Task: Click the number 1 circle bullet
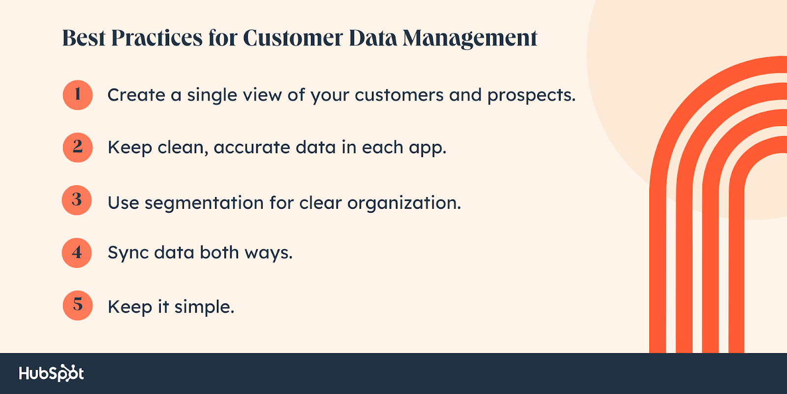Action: [x=78, y=95]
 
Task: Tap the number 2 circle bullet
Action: [x=78, y=147]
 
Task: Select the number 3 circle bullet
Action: [x=77, y=200]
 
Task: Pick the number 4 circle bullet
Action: [x=77, y=253]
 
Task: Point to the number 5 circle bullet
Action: [x=78, y=305]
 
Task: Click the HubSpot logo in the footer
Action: [x=51, y=373]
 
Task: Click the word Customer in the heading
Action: [x=293, y=37]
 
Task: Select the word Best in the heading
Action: [x=84, y=37]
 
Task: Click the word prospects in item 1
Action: [x=531, y=96]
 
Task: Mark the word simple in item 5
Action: [x=204, y=307]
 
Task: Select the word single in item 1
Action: [x=212, y=96]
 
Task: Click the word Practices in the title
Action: [x=157, y=37]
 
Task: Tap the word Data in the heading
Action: [x=373, y=37]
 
